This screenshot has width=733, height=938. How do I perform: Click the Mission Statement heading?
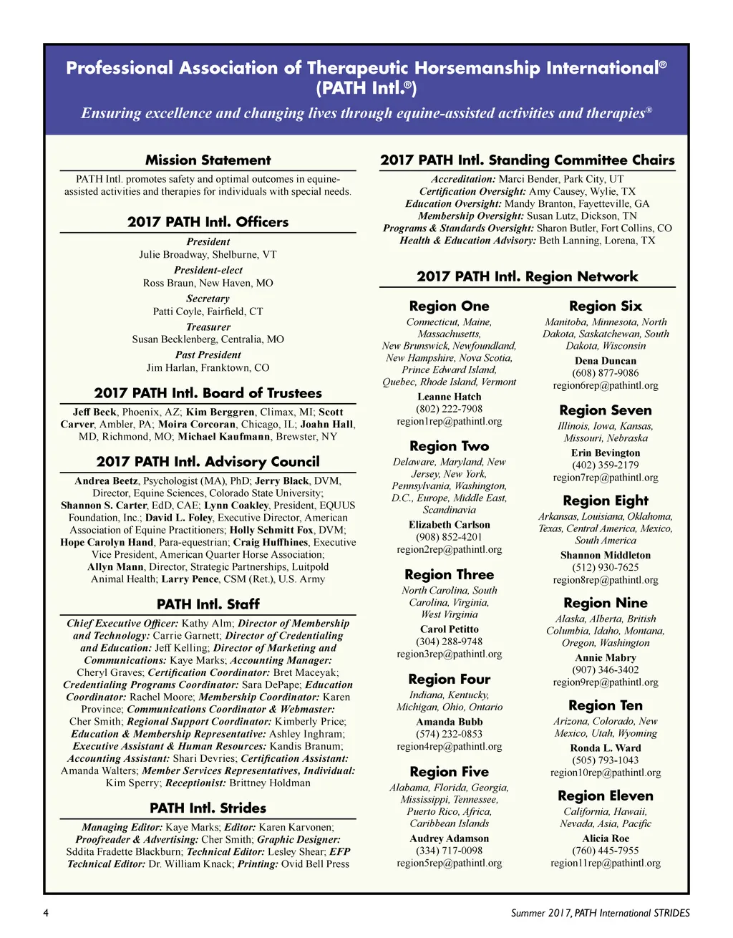tap(208, 160)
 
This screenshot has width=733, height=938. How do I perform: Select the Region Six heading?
tap(605, 306)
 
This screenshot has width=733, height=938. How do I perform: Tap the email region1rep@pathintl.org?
tap(449, 421)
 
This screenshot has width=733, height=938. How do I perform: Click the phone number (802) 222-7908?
tap(449, 409)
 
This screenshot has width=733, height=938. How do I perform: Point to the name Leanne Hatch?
tap(449, 397)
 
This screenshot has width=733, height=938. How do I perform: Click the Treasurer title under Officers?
tap(208, 327)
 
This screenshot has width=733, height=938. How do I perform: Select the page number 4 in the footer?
tap(46, 913)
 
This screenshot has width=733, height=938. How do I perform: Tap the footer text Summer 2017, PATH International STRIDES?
tap(600, 913)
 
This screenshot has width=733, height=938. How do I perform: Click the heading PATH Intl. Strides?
tap(208, 808)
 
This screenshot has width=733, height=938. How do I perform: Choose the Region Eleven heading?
tap(605, 796)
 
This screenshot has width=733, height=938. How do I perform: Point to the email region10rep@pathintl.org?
tap(605, 773)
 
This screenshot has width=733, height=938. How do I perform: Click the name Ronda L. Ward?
tap(605, 748)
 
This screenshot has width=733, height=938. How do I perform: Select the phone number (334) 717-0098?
tap(449, 851)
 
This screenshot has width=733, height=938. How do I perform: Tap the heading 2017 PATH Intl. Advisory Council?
tap(208, 462)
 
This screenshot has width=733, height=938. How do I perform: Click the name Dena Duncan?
tap(605, 361)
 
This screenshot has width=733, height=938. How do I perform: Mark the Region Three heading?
tap(449, 574)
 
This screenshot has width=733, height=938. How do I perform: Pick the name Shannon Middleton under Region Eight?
tap(605, 555)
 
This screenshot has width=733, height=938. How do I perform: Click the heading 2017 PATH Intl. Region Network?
tap(527, 276)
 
